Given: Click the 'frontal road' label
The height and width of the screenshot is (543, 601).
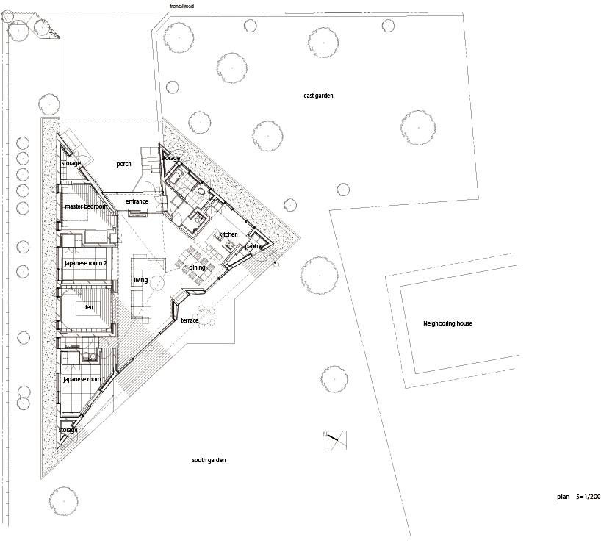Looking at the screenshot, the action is [x=181, y=6].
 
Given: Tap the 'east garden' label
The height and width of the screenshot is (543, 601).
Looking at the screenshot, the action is [x=318, y=96].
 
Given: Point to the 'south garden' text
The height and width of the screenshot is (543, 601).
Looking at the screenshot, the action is [x=209, y=460].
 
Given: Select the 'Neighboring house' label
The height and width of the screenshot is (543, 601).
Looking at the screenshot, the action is [x=447, y=323].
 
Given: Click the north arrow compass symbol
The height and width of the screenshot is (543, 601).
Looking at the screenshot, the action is [x=337, y=440].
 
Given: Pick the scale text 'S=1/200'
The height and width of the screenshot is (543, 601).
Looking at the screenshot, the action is [x=588, y=497].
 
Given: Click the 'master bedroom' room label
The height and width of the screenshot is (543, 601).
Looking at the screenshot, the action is [x=86, y=206].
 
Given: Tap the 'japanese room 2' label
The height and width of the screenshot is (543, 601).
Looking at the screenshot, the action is [x=85, y=263].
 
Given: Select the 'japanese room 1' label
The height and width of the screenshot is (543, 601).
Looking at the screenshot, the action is [x=84, y=379].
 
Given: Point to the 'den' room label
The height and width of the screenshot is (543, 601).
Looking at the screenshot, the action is [x=87, y=307].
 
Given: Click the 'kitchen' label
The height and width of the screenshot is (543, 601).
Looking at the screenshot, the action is [x=228, y=234].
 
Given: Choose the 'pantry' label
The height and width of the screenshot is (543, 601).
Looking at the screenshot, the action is [x=253, y=246].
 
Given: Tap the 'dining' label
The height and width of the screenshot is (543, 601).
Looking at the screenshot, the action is [x=197, y=268].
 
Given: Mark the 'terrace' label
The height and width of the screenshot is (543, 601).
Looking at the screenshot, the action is [x=190, y=320].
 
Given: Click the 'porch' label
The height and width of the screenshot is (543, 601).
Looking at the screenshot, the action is [x=123, y=164].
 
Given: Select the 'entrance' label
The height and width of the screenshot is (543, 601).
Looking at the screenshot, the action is [x=137, y=201].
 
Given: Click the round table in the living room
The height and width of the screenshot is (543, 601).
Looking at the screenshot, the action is [x=156, y=283].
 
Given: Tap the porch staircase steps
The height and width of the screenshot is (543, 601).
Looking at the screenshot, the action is [x=150, y=160].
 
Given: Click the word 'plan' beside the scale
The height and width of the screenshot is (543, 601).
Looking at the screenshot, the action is [x=563, y=497].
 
